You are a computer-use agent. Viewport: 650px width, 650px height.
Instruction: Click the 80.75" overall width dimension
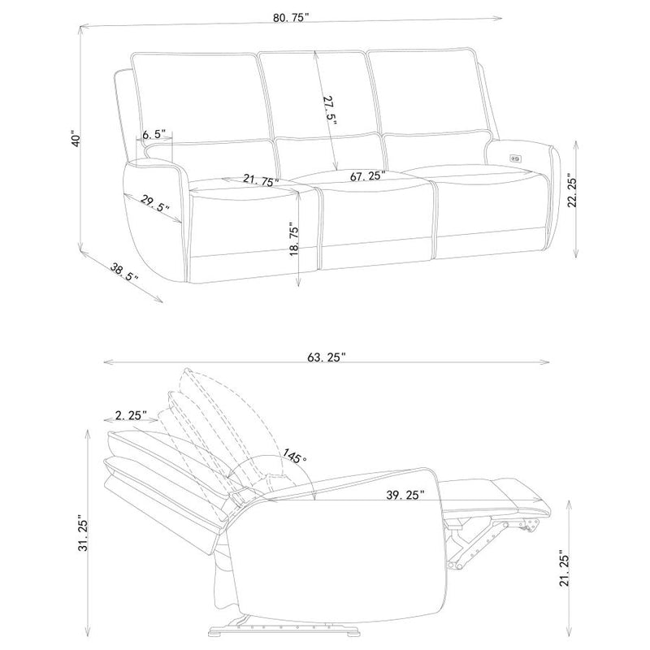pyautogui.click(x=291, y=18)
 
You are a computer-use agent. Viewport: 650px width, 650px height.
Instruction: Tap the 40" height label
pyautogui.click(x=75, y=140)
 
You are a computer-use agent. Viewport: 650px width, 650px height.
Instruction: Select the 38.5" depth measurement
pyautogui.click(x=124, y=272)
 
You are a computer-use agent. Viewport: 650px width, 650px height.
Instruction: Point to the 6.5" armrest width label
pyautogui.click(x=154, y=134)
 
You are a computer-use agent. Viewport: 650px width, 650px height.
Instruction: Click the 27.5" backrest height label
pyautogui.click(x=329, y=110)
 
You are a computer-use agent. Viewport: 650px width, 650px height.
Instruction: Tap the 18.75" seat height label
pyautogui.click(x=294, y=240)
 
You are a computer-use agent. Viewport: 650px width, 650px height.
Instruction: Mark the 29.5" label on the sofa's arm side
pyautogui.click(x=154, y=203)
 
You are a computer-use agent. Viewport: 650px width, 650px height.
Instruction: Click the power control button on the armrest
pyautogui.click(x=516, y=158)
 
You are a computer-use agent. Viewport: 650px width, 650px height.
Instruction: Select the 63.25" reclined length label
pyautogui.click(x=327, y=357)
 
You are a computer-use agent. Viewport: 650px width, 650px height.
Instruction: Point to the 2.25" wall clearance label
pyautogui.click(x=131, y=415)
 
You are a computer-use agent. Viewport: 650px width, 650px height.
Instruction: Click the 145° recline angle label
pyautogui.click(x=295, y=457)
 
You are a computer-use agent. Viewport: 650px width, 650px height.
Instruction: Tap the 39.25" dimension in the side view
pyautogui.click(x=405, y=495)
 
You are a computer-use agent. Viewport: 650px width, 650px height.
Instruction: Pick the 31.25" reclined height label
pyautogui.click(x=84, y=535)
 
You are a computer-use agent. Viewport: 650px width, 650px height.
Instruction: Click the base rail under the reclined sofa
pyautogui.click(x=284, y=634)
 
